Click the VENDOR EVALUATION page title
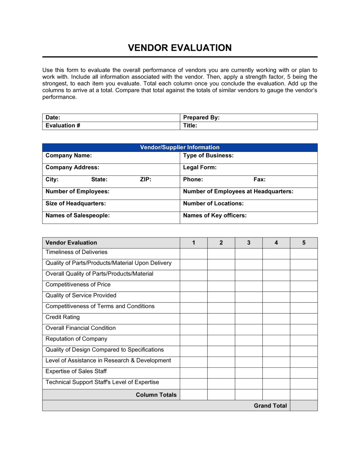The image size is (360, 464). point(180,48)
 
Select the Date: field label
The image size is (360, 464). point(53,118)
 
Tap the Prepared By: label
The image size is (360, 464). point(201,118)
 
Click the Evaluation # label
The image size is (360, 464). point(63,126)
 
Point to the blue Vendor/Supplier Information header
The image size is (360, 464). point(180,147)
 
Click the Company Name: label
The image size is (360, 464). point(68,156)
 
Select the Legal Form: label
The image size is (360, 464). point(200,168)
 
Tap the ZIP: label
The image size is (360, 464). point(145,179)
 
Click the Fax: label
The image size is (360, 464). point(260,179)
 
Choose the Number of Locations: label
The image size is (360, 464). point(213,204)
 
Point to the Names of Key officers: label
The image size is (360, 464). point(215,215)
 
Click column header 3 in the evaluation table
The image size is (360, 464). point(249,243)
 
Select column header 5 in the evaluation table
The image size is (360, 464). point(304,243)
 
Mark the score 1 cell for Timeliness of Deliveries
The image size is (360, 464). point(194,254)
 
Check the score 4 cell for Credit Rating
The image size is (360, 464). point(276,319)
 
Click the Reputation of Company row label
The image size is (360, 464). point(76,339)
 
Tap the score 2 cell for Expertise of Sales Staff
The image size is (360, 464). point(221,373)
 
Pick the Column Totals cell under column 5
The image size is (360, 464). point(304,395)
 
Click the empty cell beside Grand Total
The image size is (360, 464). point(304,405)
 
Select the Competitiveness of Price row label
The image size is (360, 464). point(78,285)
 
